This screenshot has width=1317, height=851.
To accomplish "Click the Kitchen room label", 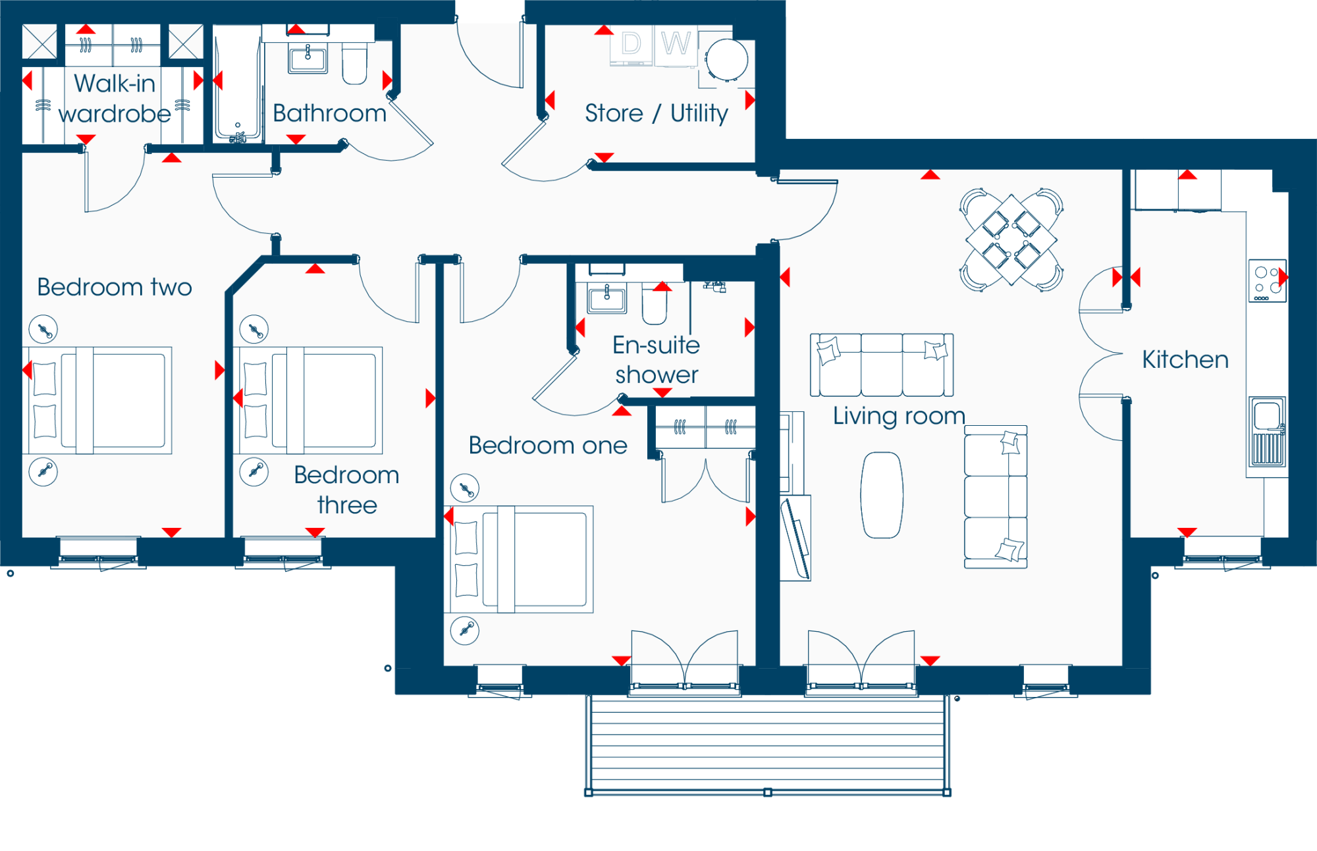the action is (x=1185, y=359).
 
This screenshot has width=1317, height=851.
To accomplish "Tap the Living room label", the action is (x=899, y=416).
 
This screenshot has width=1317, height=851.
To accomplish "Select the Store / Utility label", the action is (x=657, y=113).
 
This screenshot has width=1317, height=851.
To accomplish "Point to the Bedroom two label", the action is (x=115, y=287).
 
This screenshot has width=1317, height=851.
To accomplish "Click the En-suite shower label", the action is (x=657, y=359).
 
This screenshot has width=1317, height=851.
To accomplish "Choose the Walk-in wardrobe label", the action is (x=115, y=99).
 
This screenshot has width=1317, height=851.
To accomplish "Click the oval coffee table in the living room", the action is (x=882, y=495).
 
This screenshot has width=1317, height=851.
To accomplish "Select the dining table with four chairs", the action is (x=1011, y=240).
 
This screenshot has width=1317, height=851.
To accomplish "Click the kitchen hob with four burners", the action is (x=1268, y=281).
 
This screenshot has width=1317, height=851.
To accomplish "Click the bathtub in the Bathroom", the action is (x=238, y=84).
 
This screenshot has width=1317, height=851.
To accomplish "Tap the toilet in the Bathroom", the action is (x=355, y=63).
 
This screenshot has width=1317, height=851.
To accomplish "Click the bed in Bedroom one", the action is (x=521, y=559).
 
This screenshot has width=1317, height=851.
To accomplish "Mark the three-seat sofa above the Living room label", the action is (x=882, y=365).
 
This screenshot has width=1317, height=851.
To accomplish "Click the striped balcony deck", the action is (x=768, y=743).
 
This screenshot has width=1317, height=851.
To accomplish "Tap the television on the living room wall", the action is (x=795, y=538).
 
